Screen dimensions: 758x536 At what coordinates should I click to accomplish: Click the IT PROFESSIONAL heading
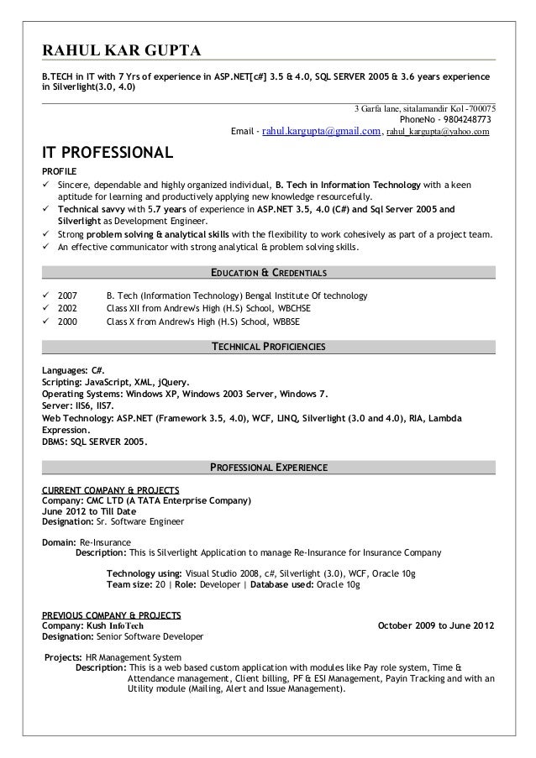(x=108, y=154)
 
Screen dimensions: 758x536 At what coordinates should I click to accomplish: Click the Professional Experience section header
(x=268, y=467)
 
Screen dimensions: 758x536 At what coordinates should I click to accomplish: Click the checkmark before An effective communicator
(x=47, y=248)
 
